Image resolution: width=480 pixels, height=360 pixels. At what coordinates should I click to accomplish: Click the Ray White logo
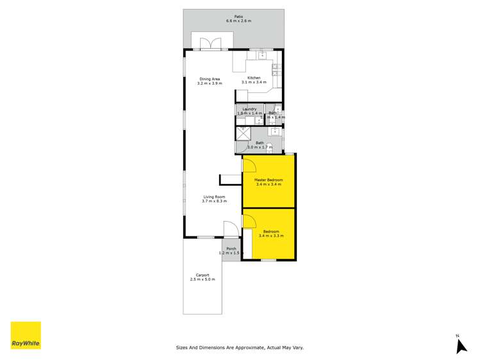26,336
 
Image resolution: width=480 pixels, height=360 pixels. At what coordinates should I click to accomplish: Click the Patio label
238,17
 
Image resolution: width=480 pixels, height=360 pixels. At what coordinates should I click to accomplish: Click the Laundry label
249,110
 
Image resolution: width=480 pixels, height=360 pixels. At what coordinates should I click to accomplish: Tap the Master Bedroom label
268,180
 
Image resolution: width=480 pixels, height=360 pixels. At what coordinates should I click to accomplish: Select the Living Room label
214,197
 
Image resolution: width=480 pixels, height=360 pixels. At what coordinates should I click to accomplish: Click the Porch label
231,249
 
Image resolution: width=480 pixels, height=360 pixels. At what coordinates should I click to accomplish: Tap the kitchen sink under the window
262,55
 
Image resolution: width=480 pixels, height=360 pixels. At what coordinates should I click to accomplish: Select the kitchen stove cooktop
275,69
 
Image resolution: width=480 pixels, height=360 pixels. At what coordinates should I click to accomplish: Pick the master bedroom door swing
249,167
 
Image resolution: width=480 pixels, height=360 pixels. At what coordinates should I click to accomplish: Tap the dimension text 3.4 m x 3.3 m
269,236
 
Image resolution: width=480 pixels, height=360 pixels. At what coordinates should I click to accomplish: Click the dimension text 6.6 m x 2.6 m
238,21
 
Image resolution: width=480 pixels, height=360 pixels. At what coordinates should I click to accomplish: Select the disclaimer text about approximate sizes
240,348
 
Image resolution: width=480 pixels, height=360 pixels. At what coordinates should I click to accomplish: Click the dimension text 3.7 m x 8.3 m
214,201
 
